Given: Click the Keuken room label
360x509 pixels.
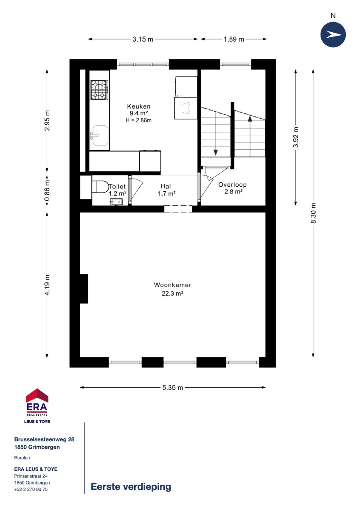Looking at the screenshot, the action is coord(138,106).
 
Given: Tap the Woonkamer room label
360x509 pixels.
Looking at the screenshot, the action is coord(172,285).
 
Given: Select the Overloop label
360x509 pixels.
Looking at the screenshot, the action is coord(232,185).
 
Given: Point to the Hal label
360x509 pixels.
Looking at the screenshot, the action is coord(166,186).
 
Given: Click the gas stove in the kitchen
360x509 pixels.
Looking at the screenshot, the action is coord(99,90).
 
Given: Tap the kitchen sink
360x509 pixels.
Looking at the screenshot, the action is coord(99,135).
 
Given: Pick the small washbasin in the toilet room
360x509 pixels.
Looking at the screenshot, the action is coord(116,201).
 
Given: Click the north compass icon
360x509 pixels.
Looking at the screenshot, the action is coord(333,35).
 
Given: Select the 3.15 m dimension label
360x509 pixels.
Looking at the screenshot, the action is coord(143,39).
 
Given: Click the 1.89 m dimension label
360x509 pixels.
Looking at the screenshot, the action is coord(233,39).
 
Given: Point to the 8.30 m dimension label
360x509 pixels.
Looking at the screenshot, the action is coord(313,213).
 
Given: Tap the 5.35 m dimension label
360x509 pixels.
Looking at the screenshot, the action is coord(173,387).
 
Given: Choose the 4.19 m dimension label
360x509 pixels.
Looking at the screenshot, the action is coord(47,285).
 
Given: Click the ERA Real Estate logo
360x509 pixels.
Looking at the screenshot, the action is coord(37,406).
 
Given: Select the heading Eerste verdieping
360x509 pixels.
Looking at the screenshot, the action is coord(131,487).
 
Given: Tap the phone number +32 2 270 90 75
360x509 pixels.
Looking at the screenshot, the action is coord(31,489).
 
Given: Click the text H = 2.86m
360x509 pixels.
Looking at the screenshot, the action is coord(138,120).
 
